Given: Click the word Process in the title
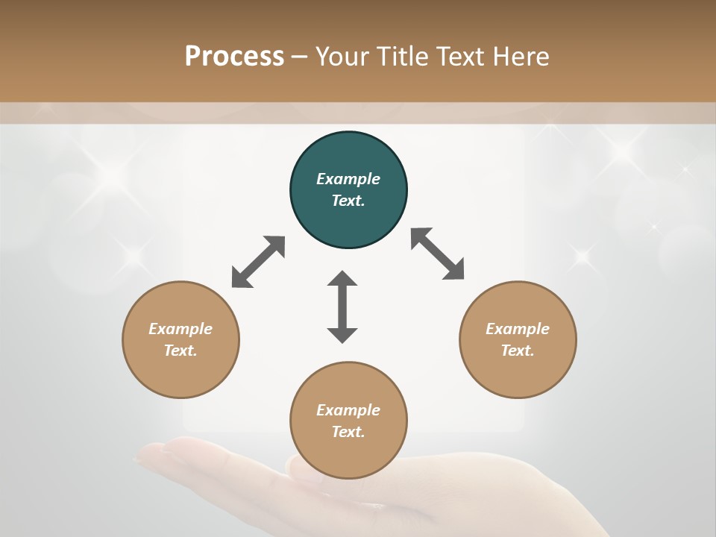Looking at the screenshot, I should pyautogui.click(x=234, y=56).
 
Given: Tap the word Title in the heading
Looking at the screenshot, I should pyautogui.click(x=404, y=56).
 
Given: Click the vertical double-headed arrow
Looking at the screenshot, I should pyautogui.click(x=342, y=307).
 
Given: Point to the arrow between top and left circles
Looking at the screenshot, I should pyautogui.click(x=258, y=262).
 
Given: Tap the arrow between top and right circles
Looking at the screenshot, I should pyautogui.click(x=437, y=254).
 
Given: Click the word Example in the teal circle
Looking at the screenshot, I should pyautogui.click(x=348, y=179).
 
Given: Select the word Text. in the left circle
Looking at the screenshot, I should pyautogui.click(x=180, y=351).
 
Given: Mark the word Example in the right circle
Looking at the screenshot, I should pyautogui.click(x=518, y=329).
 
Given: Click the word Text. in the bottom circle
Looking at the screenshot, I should pyautogui.click(x=348, y=432).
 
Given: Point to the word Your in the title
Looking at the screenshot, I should pyautogui.click(x=342, y=56).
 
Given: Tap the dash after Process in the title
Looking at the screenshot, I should pyautogui.click(x=300, y=57).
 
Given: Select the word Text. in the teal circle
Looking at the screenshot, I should pyautogui.click(x=348, y=201).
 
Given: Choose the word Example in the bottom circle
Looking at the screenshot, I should pyautogui.click(x=348, y=410).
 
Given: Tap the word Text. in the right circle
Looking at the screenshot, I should pyautogui.click(x=518, y=351).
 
